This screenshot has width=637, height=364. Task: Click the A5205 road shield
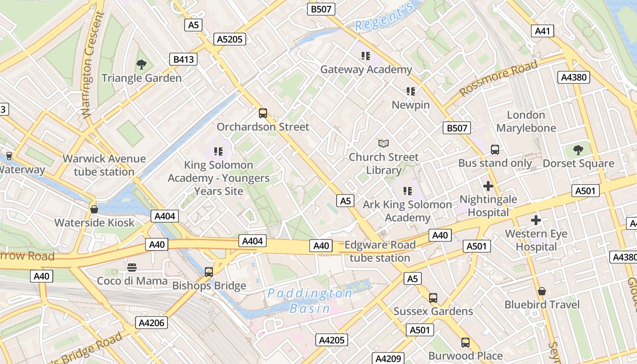[230, 39]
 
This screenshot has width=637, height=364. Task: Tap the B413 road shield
[183, 59]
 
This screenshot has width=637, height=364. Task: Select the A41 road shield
[542, 31]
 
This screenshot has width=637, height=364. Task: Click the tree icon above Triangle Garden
[142, 65]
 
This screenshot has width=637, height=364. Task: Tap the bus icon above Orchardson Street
[263, 113]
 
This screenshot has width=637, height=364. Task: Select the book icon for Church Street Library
[384, 144]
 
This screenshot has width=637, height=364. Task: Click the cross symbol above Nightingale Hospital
[488, 186]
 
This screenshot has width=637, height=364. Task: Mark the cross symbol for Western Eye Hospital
[536, 221]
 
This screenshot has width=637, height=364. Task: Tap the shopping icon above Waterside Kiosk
[94, 209]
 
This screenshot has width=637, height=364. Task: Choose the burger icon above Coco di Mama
[132, 267]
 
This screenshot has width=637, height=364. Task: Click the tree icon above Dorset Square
[578, 150]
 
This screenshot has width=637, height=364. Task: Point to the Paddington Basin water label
[310, 301]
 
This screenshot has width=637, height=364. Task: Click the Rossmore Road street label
[498, 78]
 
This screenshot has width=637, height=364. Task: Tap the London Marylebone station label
[526, 121]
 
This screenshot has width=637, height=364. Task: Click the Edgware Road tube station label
[380, 251]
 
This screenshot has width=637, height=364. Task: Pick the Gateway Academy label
[366, 70]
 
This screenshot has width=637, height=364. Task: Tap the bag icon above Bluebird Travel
[541, 291]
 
